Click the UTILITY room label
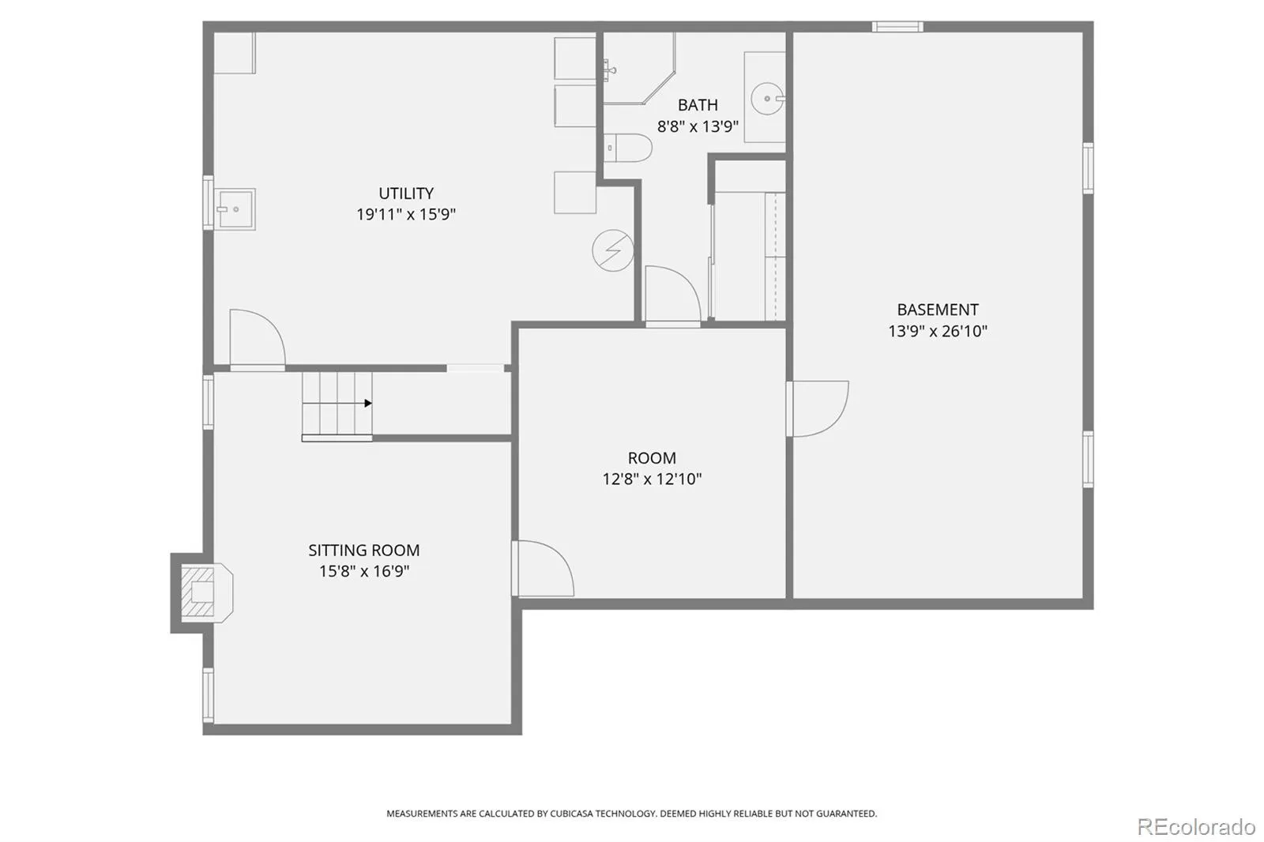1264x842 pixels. click(x=406, y=193)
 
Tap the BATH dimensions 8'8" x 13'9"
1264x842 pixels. click(x=698, y=126)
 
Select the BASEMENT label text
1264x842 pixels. click(x=937, y=310)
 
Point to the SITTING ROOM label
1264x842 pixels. click(x=364, y=550)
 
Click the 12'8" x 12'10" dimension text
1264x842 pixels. click(x=652, y=479)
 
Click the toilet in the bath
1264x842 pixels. click(x=627, y=148)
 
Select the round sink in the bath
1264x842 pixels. click(x=767, y=99)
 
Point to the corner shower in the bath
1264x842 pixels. click(x=639, y=68)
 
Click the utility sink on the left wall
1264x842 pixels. click(x=234, y=209)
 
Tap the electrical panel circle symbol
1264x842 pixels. click(x=613, y=250)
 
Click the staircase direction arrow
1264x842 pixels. click(x=368, y=403)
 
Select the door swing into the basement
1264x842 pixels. click(x=818, y=408)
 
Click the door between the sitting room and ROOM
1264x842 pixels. click(x=543, y=568)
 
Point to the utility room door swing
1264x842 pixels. click(x=258, y=340)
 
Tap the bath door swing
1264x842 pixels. click(x=672, y=295)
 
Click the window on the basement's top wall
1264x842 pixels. click(x=897, y=27)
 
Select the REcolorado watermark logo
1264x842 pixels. click(x=1196, y=827)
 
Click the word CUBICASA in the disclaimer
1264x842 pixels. click(x=572, y=814)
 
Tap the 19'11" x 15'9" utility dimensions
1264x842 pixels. click(x=406, y=215)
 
